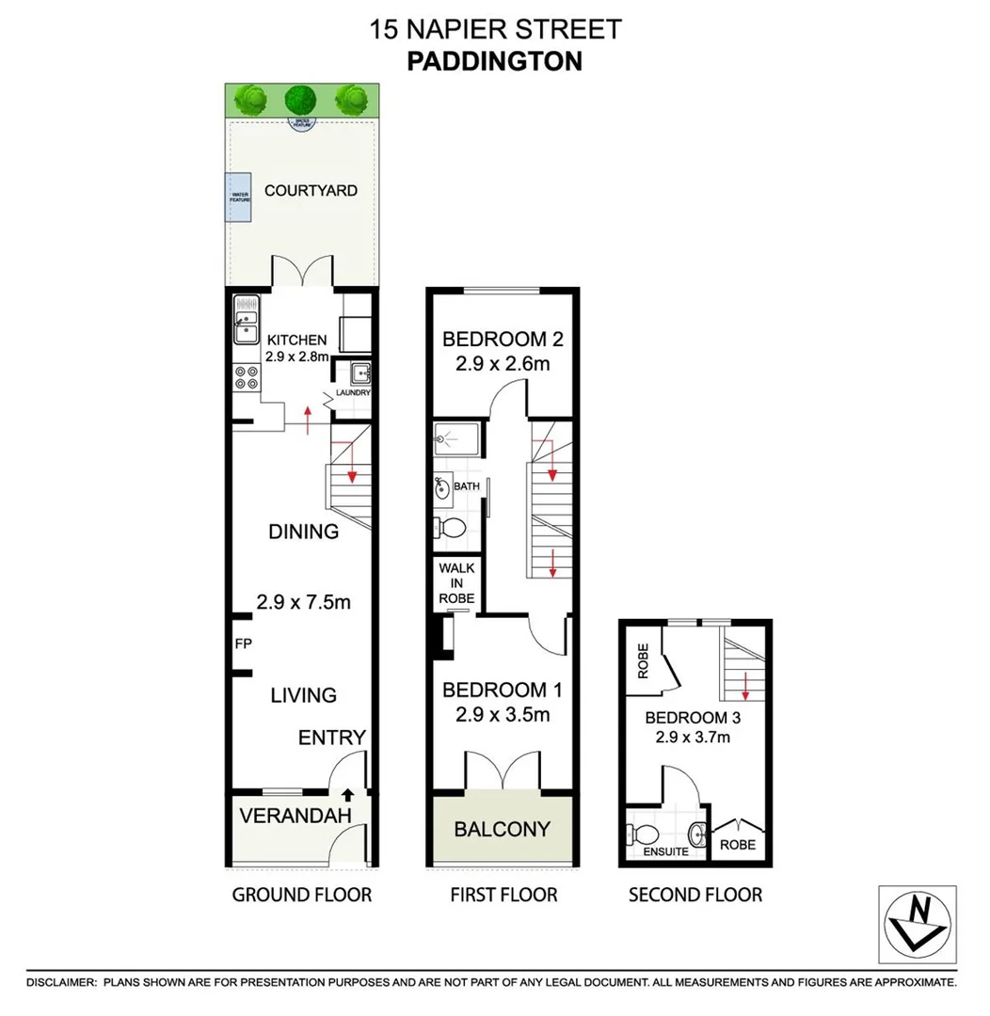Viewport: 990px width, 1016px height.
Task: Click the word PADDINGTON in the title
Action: (x=495, y=61)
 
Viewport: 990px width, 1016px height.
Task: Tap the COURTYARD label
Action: (x=311, y=190)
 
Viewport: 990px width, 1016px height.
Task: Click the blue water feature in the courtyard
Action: (x=237, y=198)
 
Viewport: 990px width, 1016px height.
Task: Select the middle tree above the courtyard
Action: (x=300, y=98)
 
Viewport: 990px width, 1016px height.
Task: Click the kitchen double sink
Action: (x=247, y=323)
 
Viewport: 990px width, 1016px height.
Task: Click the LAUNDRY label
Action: (x=356, y=393)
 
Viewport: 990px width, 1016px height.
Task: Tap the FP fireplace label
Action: (x=243, y=644)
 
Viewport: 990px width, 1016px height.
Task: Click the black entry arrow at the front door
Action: (x=347, y=796)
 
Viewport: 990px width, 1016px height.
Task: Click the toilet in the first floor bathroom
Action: (x=452, y=528)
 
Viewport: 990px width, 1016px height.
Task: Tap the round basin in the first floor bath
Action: (x=441, y=488)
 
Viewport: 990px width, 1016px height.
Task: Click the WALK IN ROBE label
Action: (x=456, y=583)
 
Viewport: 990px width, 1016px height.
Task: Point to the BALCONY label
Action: (x=502, y=829)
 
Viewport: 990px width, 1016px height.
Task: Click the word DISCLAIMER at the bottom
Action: (x=61, y=982)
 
